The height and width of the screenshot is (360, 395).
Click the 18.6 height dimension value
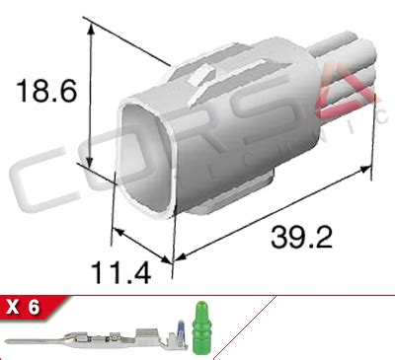click(46, 91)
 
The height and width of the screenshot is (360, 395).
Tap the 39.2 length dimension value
click(301, 237)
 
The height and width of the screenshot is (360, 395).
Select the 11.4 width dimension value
click(120, 272)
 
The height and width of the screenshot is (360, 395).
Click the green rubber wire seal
click(200, 327)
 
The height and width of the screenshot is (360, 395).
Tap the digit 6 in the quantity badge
click(34, 308)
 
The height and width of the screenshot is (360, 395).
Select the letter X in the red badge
click(13, 308)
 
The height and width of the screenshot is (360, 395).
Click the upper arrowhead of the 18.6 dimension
click(91, 29)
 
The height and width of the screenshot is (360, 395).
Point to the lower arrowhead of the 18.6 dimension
click(89, 161)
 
